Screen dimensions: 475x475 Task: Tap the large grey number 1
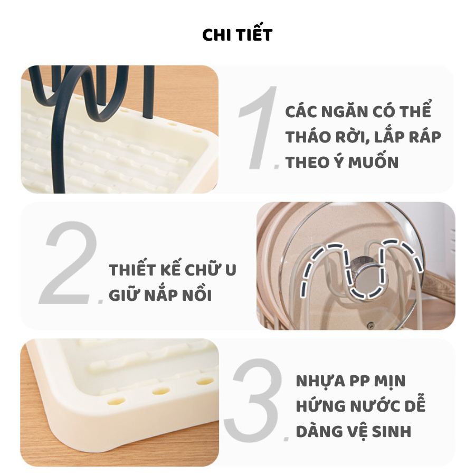(x=260, y=127)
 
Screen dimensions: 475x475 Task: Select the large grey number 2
(x=69, y=262)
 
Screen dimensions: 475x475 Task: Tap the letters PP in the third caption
(x=359, y=381)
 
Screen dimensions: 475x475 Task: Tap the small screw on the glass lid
(x=369, y=326)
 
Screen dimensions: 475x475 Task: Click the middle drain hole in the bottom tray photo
(x=161, y=391)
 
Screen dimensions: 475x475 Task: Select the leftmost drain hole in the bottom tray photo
(x=116, y=402)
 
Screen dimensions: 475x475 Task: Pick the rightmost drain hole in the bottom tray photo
(x=205, y=381)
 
